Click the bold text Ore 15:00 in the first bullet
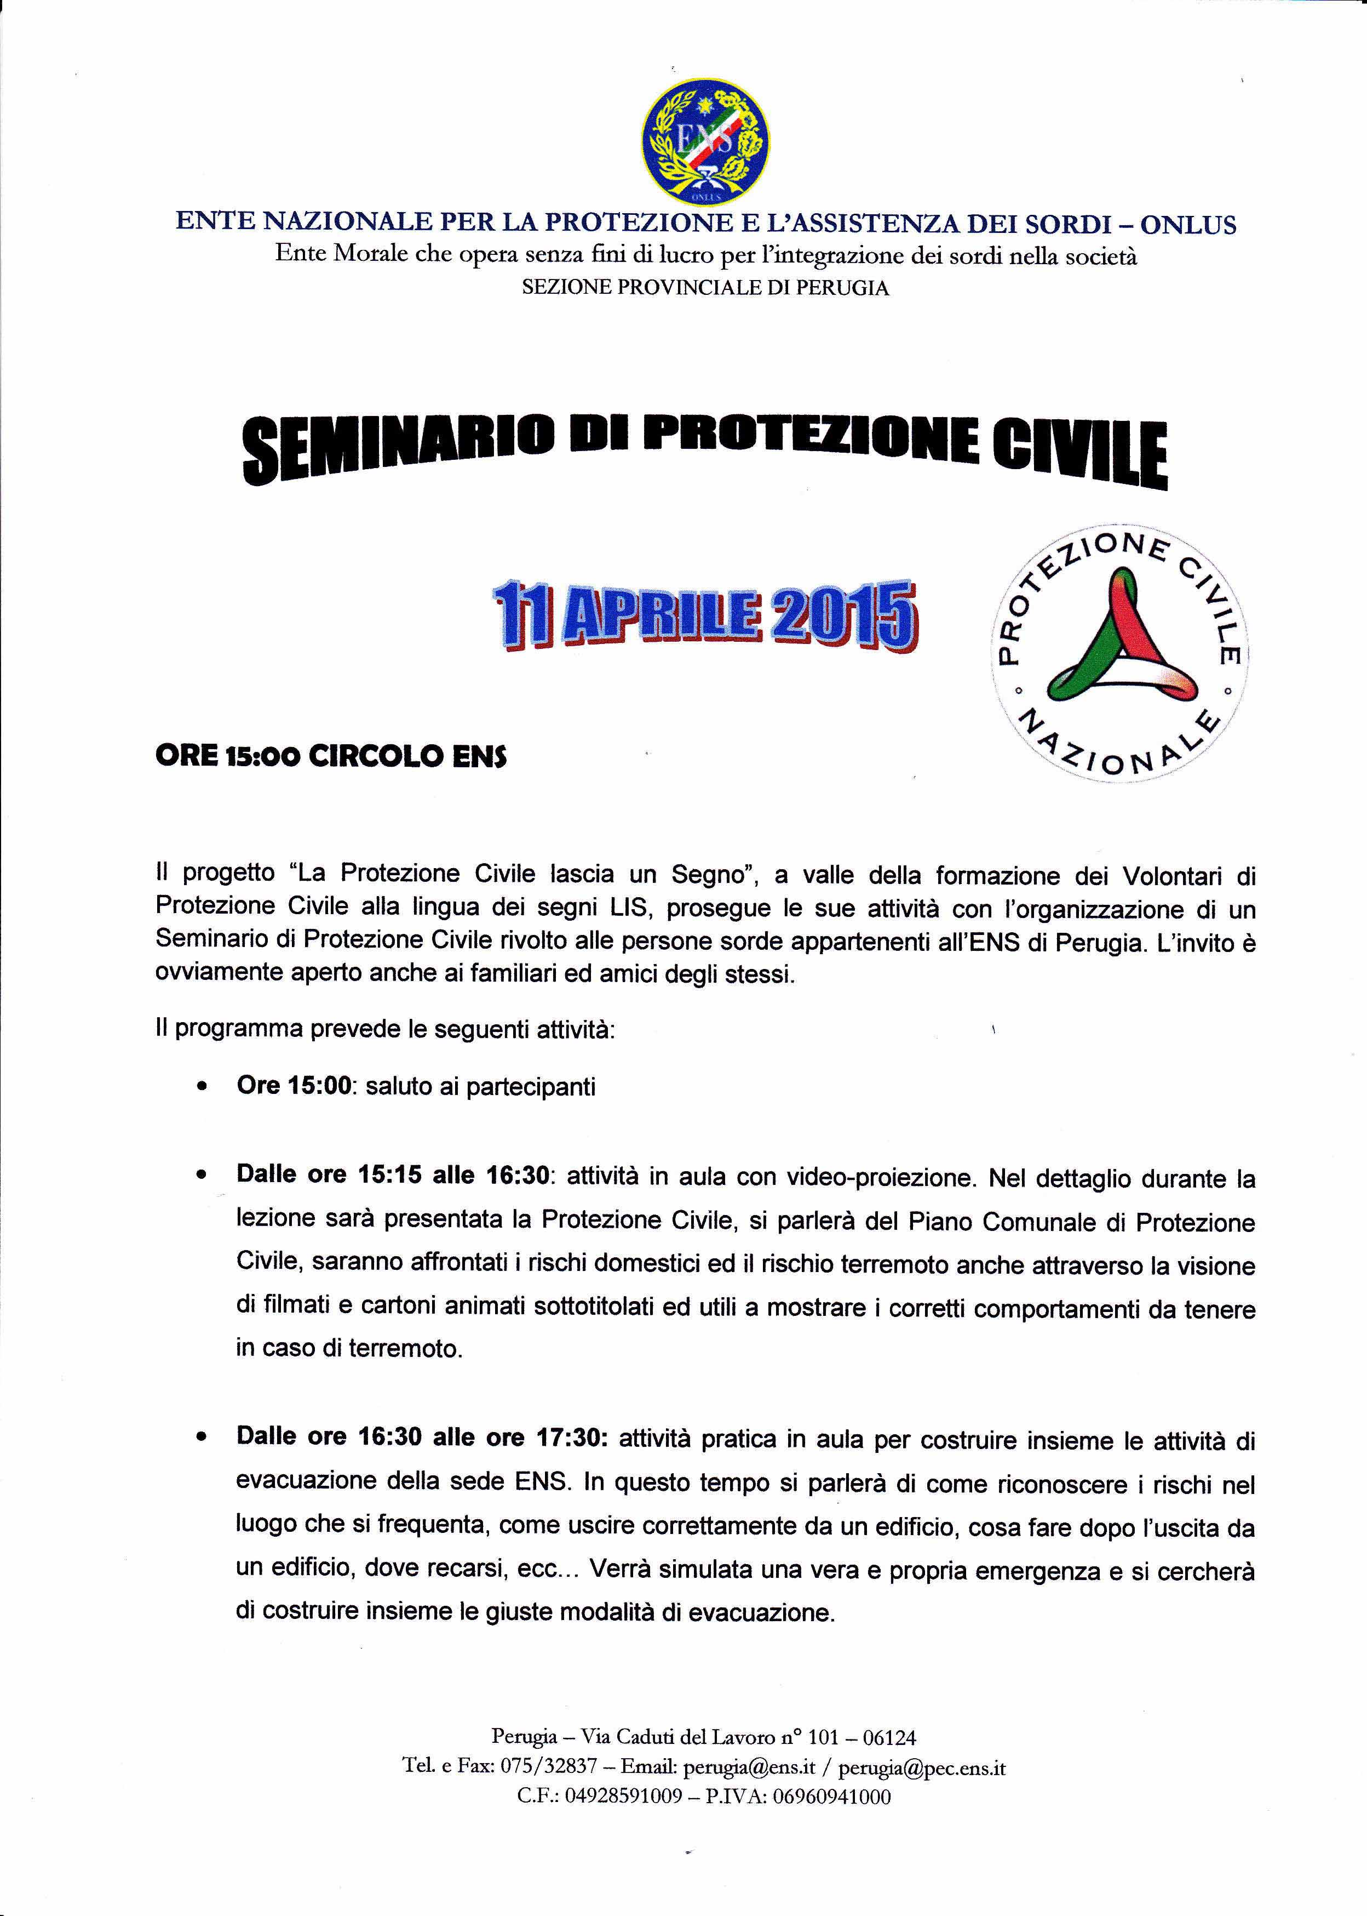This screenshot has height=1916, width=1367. (294, 1086)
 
